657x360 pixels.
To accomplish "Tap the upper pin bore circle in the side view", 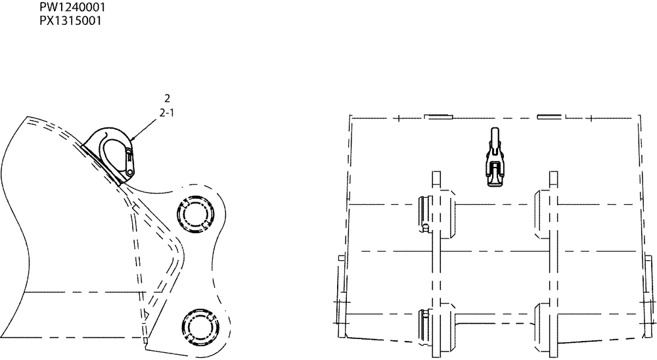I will pyautogui.click(x=195, y=214).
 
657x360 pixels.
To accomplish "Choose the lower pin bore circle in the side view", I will pyautogui.click(x=195, y=325).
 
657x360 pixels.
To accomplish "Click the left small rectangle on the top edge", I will pyautogui.click(x=438, y=118).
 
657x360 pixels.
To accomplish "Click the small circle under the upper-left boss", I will pyautogui.click(x=426, y=228).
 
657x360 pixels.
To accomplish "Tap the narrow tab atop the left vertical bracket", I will pyautogui.click(x=435, y=179).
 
